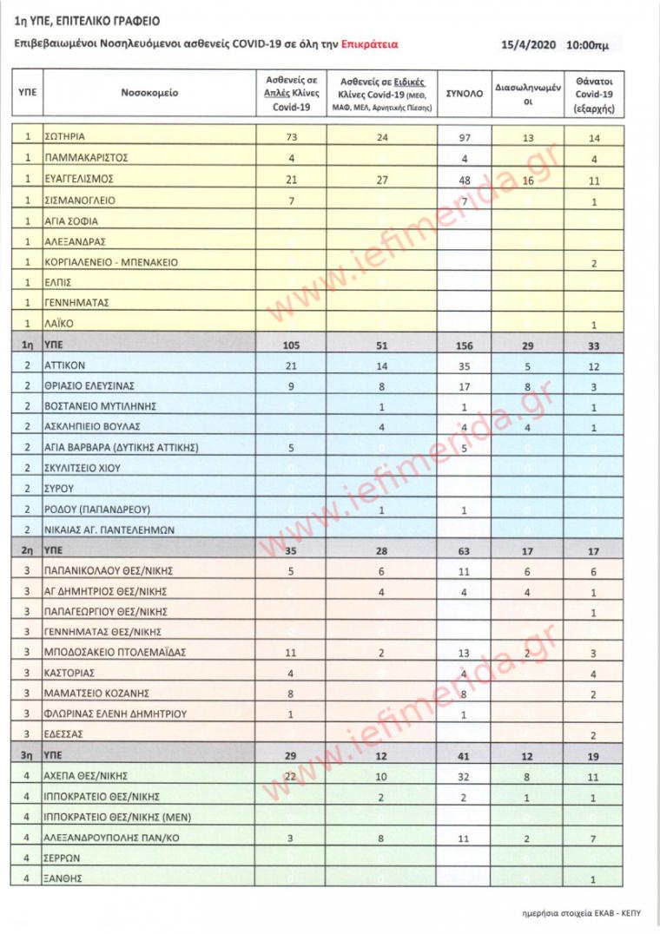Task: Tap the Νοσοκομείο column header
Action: coord(149,92)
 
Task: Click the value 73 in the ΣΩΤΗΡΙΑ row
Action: coord(292,137)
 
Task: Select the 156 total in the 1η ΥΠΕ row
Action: coord(465,345)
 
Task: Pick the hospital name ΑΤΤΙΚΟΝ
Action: coord(66,366)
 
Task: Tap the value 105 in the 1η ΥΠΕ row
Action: coord(292,345)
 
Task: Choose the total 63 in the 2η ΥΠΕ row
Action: coord(465,551)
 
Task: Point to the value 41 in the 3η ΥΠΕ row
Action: coord(465,756)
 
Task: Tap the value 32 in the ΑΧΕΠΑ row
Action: coord(465,776)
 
